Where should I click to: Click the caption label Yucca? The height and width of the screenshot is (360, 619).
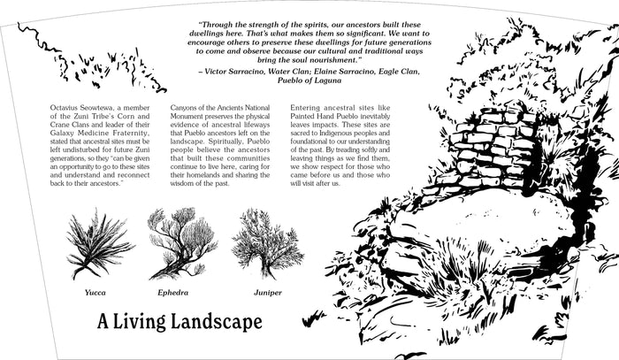click(96, 292)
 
